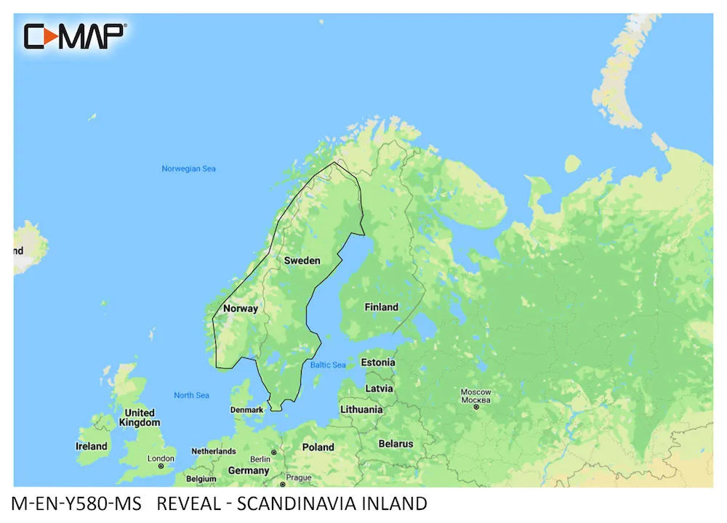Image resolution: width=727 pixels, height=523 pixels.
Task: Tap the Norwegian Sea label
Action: tap(188, 169)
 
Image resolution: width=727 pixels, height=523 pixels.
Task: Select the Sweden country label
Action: tap(302, 260)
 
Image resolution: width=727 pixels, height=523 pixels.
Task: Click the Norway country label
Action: tap(241, 308)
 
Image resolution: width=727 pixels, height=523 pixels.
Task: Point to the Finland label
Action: tap(381, 307)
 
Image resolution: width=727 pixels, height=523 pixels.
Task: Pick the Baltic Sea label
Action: tap(328, 365)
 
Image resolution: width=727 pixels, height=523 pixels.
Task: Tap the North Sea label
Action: tap(191, 395)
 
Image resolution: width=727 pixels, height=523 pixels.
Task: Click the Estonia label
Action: tap(378, 362)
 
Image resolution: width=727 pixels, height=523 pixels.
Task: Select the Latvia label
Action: tap(379, 389)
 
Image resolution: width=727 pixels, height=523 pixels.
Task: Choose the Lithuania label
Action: tap(361, 410)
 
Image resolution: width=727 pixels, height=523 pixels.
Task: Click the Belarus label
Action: tap(395, 444)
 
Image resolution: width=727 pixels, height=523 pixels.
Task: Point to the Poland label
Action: tap(318, 447)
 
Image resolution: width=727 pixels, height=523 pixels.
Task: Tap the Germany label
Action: tap(249, 471)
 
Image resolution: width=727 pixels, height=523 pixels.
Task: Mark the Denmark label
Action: tap(246, 410)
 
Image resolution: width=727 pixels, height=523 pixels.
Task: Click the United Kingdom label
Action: tap(140, 418)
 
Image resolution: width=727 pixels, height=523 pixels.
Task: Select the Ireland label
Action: tap(92, 446)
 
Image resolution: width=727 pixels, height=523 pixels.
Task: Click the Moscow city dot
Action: tap(476, 408)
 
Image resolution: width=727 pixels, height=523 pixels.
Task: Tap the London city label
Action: tap(161, 458)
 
